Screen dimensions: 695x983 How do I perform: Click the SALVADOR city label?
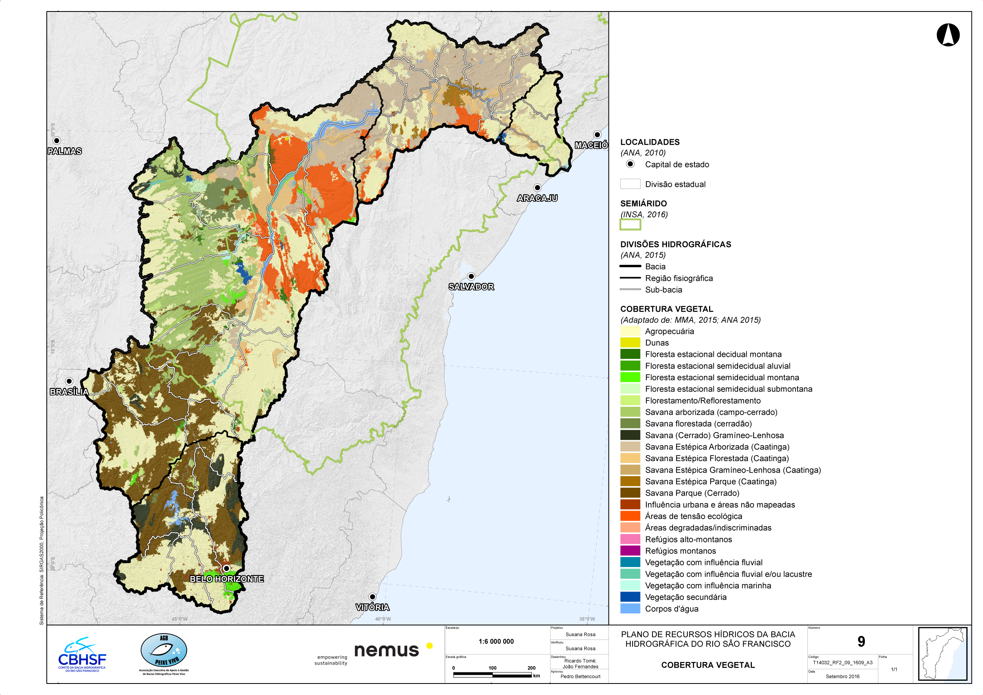pyautogui.click(x=471, y=287)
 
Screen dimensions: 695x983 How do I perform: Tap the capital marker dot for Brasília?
pyautogui.click(x=69, y=381)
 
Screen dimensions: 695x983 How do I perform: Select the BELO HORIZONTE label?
pyautogui.click(x=226, y=578)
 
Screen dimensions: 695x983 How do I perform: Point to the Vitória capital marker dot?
pyautogui.click(x=373, y=597)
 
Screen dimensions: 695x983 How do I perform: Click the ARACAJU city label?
pyautogui.click(x=537, y=198)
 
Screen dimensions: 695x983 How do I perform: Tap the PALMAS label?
pyautogui.click(x=65, y=151)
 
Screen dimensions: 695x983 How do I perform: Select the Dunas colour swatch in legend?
pyautogui.click(x=630, y=343)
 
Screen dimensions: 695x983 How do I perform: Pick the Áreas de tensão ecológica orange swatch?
pyautogui.click(x=630, y=516)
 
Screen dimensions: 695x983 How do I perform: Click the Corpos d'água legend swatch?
pyautogui.click(x=630, y=609)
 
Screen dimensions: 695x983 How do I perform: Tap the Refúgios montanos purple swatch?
pyautogui.click(x=630, y=551)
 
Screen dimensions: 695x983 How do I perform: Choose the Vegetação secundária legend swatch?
pyautogui.click(x=630, y=597)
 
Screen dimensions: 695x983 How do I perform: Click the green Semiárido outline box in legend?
pyautogui.click(x=630, y=224)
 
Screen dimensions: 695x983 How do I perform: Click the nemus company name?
pyautogui.click(x=386, y=650)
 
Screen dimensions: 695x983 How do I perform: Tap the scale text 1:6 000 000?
pyautogui.click(x=496, y=641)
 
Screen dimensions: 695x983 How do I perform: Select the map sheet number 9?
pyautogui.click(x=861, y=641)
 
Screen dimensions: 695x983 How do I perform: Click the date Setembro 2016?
pyautogui.click(x=842, y=677)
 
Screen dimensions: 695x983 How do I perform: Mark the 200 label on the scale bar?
pyautogui.click(x=531, y=668)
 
